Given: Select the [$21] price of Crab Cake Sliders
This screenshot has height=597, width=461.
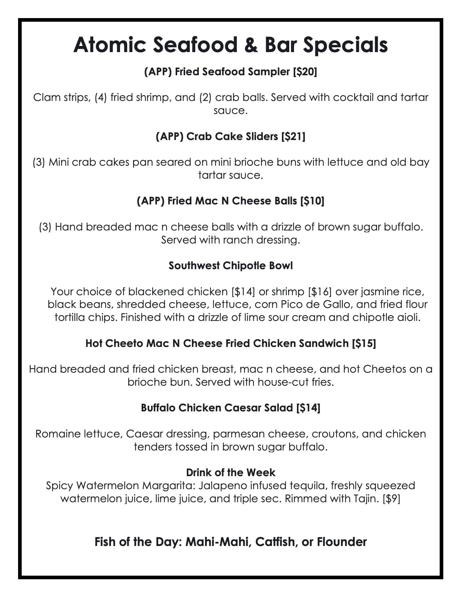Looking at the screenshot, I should click(293, 136).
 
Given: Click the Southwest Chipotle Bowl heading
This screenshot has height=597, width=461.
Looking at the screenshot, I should click(230, 266).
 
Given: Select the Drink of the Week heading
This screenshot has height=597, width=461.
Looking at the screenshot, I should click(230, 473).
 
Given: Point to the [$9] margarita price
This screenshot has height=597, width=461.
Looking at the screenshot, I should click(391, 499).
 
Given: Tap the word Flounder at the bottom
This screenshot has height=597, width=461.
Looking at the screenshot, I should click(342, 542).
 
